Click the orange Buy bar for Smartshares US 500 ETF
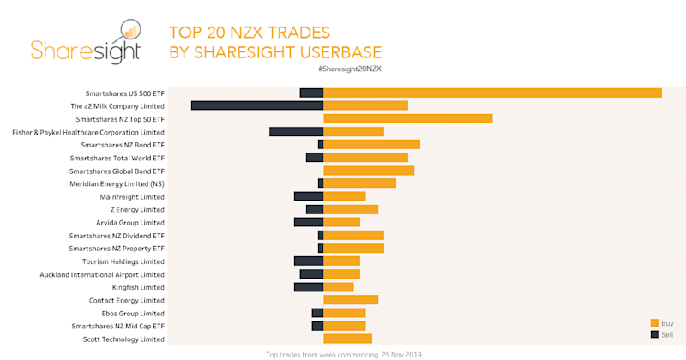click(x=492, y=93)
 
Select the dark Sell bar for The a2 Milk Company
click(x=256, y=105)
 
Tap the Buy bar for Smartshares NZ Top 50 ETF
click(x=407, y=118)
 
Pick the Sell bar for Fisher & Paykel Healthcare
click(x=296, y=132)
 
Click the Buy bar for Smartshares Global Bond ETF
click(x=369, y=171)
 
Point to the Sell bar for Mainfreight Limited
click(x=308, y=196)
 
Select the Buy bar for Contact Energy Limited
click(x=351, y=300)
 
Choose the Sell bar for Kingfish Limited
click(x=308, y=287)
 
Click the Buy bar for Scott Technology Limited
click(x=347, y=339)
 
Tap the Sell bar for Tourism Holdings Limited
click(x=308, y=261)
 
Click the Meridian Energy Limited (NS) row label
click(x=117, y=183)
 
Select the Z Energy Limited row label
click(x=137, y=209)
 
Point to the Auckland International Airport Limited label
click(x=102, y=274)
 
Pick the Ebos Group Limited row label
click(x=133, y=313)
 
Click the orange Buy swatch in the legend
click(x=655, y=322)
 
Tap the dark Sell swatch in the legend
click(x=655, y=333)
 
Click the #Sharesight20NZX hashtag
click(x=349, y=68)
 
